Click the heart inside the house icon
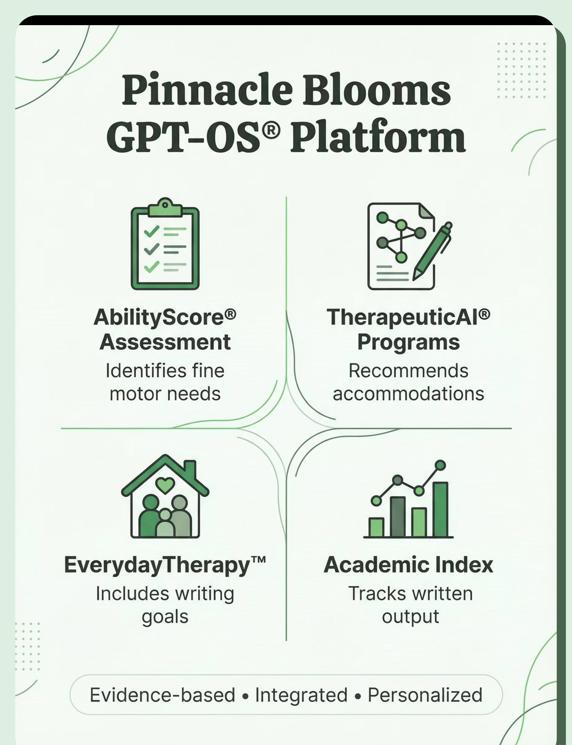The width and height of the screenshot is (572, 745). (165, 485)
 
